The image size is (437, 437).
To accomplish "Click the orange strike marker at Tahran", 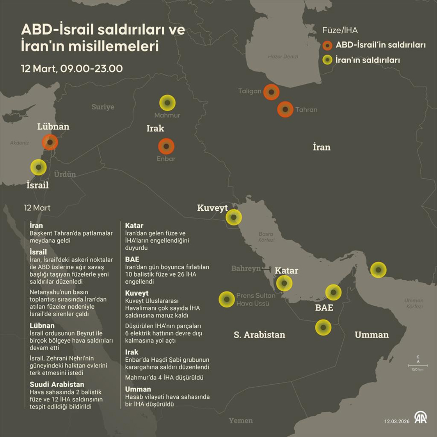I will tap(285, 110).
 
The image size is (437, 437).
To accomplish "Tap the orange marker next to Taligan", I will tap(271, 92).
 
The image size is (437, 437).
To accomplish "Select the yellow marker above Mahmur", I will tap(167, 103).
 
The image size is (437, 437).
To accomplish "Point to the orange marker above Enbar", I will tap(166, 146).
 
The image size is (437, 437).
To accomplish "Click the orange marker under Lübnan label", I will tap(50, 142).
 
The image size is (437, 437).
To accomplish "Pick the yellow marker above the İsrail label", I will tap(38, 167).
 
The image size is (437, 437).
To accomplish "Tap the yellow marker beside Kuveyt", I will tap(234, 217).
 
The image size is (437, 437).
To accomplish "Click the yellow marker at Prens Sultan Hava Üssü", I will tap(227, 299).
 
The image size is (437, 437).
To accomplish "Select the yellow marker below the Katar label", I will tap(284, 283).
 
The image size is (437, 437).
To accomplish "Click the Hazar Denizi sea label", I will tap(283, 57).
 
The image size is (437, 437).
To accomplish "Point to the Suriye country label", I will tap(103, 107).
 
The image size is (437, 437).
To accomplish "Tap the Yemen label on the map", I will tap(241, 420).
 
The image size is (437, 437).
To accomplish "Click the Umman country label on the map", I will tap(371, 335).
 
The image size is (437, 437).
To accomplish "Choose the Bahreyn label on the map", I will tap(246, 268).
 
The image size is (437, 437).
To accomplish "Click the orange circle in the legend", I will tap(328, 45).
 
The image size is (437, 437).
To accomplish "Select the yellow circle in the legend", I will tap(328, 60).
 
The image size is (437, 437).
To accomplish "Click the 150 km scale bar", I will tap(418, 366).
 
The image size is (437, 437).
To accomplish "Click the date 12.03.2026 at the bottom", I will tap(397, 421).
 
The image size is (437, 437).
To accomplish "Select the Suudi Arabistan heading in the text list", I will tap(57, 384).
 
